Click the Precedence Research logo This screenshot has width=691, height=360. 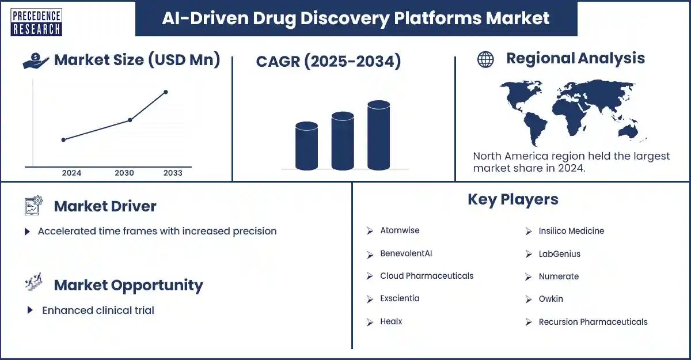pos(36,22)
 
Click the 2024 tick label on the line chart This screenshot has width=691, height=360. pos(71,173)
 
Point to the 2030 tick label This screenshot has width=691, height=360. pos(124,173)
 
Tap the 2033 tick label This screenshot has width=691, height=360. pos(173,173)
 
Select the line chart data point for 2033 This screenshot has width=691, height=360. pos(166,92)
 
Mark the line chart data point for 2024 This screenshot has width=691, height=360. pos(63,139)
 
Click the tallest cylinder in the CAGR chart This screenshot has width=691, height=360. pos(378,135)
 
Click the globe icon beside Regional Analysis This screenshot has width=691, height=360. pos(485,59)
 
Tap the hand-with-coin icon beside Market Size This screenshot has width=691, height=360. pos(36,61)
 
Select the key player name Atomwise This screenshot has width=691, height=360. pos(400,230)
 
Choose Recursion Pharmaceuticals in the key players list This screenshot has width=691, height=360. pos(593,322)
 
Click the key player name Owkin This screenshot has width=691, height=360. pos(550,299)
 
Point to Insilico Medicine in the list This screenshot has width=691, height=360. pos(571,231)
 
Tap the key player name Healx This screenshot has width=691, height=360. pos(391,321)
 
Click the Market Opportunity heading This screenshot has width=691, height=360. pos(128,285)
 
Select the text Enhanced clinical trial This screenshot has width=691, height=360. pos(98,310)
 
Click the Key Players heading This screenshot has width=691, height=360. pos(512,199)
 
